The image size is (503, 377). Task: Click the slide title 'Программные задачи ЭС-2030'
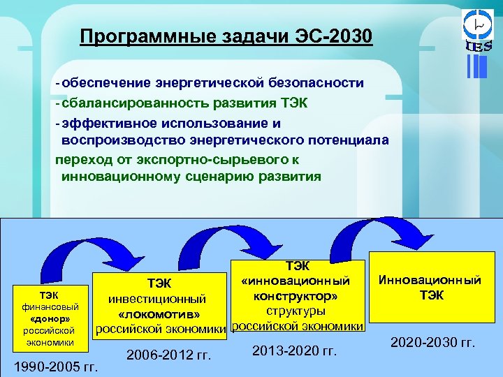[226, 36]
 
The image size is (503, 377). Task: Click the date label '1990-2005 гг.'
[56, 366]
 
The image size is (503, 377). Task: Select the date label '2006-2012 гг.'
[168, 356]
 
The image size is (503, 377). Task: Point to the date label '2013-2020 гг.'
[294, 350]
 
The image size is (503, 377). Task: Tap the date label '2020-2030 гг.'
[433, 343]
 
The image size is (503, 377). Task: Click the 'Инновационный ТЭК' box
[430, 288]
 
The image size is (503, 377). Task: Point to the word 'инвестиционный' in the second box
[156, 298]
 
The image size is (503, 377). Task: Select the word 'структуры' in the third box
[296, 311]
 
